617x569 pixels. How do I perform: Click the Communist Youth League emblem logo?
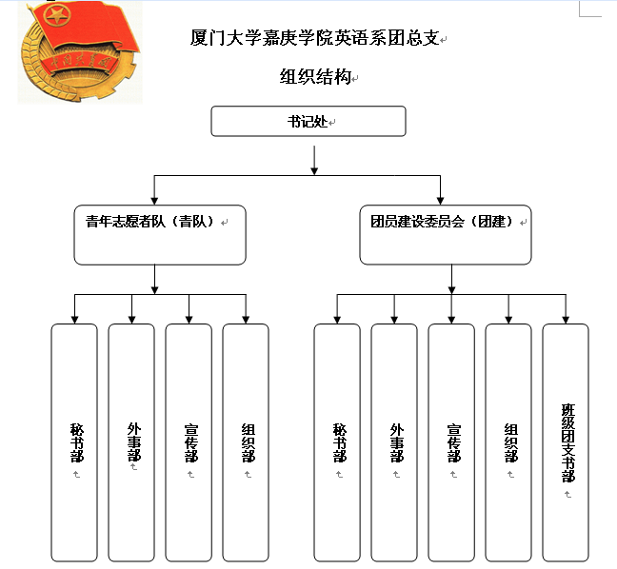[79, 52]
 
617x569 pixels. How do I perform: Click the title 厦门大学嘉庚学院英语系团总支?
[315, 39]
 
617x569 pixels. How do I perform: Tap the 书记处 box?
[308, 121]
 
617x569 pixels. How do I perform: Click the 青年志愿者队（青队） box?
[159, 234]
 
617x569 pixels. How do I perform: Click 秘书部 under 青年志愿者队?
[75, 441]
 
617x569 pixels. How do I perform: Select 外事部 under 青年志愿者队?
[132, 441]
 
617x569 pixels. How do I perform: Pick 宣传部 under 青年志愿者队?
[189, 441]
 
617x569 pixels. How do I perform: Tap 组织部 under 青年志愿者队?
[247, 441]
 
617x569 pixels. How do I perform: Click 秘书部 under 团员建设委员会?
[338, 441]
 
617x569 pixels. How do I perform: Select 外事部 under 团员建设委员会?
[395, 441]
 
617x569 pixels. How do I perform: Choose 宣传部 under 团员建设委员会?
[452, 441]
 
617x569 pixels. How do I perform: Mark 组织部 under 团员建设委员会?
[509, 441]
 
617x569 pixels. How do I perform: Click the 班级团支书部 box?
[567, 441]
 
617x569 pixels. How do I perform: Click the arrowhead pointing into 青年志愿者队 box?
[154, 199]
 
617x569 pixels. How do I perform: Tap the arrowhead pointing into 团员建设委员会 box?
[441, 199]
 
